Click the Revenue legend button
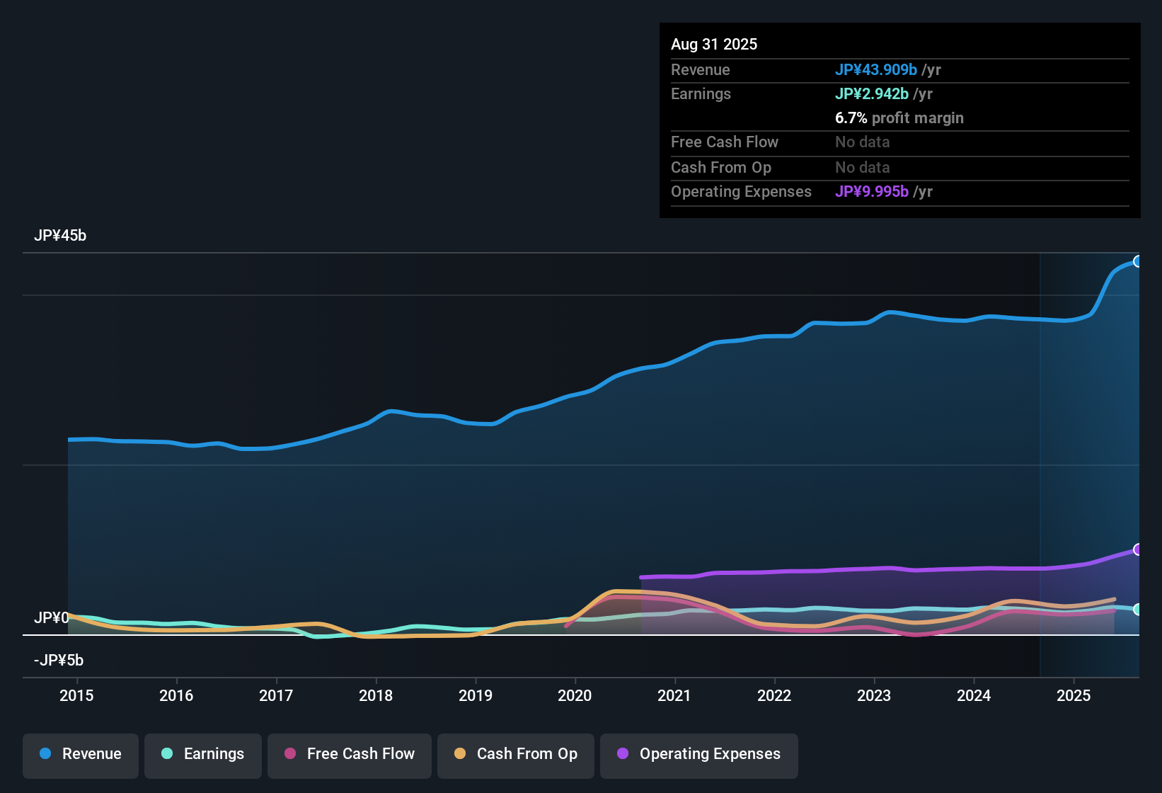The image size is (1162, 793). tap(81, 754)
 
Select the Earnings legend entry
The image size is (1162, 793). tap(203, 754)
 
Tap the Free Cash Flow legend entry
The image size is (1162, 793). tap(350, 754)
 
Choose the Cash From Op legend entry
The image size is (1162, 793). tap(516, 754)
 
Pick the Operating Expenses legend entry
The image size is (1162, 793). tap(699, 754)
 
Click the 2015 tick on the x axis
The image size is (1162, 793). tap(76, 695)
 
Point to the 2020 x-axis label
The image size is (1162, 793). tap(575, 695)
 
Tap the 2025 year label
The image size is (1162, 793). tap(1074, 695)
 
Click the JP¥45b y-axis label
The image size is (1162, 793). tap(60, 236)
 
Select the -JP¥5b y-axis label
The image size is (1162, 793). tap(59, 661)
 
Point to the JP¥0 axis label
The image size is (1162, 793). tap(51, 618)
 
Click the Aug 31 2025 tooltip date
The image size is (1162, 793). tap(714, 44)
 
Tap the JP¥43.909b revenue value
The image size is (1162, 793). tap(876, 69)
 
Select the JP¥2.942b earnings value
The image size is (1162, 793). tap(872, 93)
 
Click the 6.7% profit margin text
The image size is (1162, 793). tap(899, 118)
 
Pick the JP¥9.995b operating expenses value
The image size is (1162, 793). tap(872, 192)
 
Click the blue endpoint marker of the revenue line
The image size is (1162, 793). tap(1137, 261)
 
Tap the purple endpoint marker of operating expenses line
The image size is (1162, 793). tap(1137, 549)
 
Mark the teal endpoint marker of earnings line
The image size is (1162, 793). tap(1137, 609)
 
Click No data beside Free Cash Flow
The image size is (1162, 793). tap(862, 142)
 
